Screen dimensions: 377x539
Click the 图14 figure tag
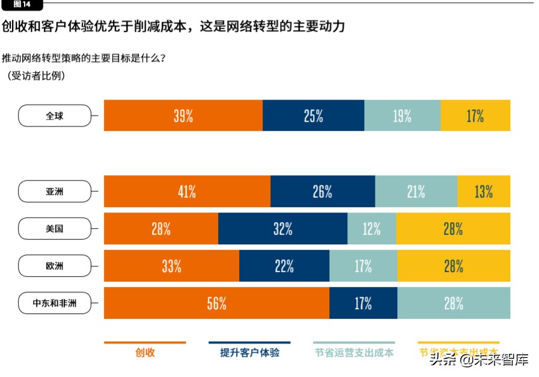[22, 5]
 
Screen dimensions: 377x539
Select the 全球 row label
[55, 116]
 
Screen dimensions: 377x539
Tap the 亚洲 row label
[55, 192]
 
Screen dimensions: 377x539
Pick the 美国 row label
[55, 229]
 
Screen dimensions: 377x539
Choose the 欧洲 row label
[55, 266]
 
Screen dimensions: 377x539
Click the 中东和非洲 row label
[55, 303]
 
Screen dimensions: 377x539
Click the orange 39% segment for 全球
[183, 116]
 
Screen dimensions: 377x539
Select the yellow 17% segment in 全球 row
[475, 116]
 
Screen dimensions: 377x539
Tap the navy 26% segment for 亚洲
[323, 192]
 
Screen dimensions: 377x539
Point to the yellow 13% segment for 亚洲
[484, 192]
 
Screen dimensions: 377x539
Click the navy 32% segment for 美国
[282, 229]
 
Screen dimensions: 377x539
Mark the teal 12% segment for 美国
[371, 229]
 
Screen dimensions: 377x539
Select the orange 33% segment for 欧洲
[172, 266]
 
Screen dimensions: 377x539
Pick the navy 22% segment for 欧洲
[284, 266]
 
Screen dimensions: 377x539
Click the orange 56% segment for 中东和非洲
[216, 303]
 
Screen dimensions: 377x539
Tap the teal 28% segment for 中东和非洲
[454, 303]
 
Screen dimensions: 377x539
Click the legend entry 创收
[145, 352]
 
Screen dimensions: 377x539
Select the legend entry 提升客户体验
[249, 352]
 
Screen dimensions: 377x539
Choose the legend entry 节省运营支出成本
[355, 352]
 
